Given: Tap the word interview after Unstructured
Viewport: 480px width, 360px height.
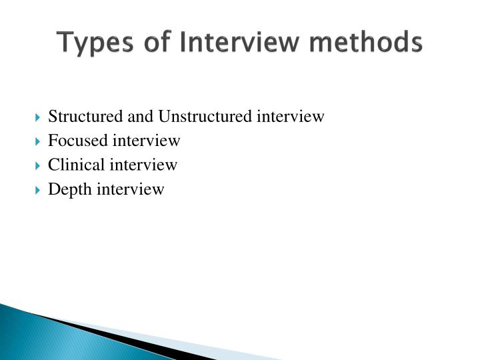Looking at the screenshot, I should (x=290, y=117).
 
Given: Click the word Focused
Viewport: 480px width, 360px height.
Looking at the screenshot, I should (x=77, y=141).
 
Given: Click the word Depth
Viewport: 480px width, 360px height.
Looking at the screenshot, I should (x=70, y=189).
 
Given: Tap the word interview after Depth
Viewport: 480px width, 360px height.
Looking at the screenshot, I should (x=131, y=189).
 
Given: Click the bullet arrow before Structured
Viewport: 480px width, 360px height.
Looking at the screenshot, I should (x=37, y=117).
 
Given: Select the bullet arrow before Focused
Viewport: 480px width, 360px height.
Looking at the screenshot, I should (x=37, y=141).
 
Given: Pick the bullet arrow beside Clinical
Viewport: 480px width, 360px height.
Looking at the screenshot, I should (x=37, y=165).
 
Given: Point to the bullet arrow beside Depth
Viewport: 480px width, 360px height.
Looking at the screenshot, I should (x=37, y=190).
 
